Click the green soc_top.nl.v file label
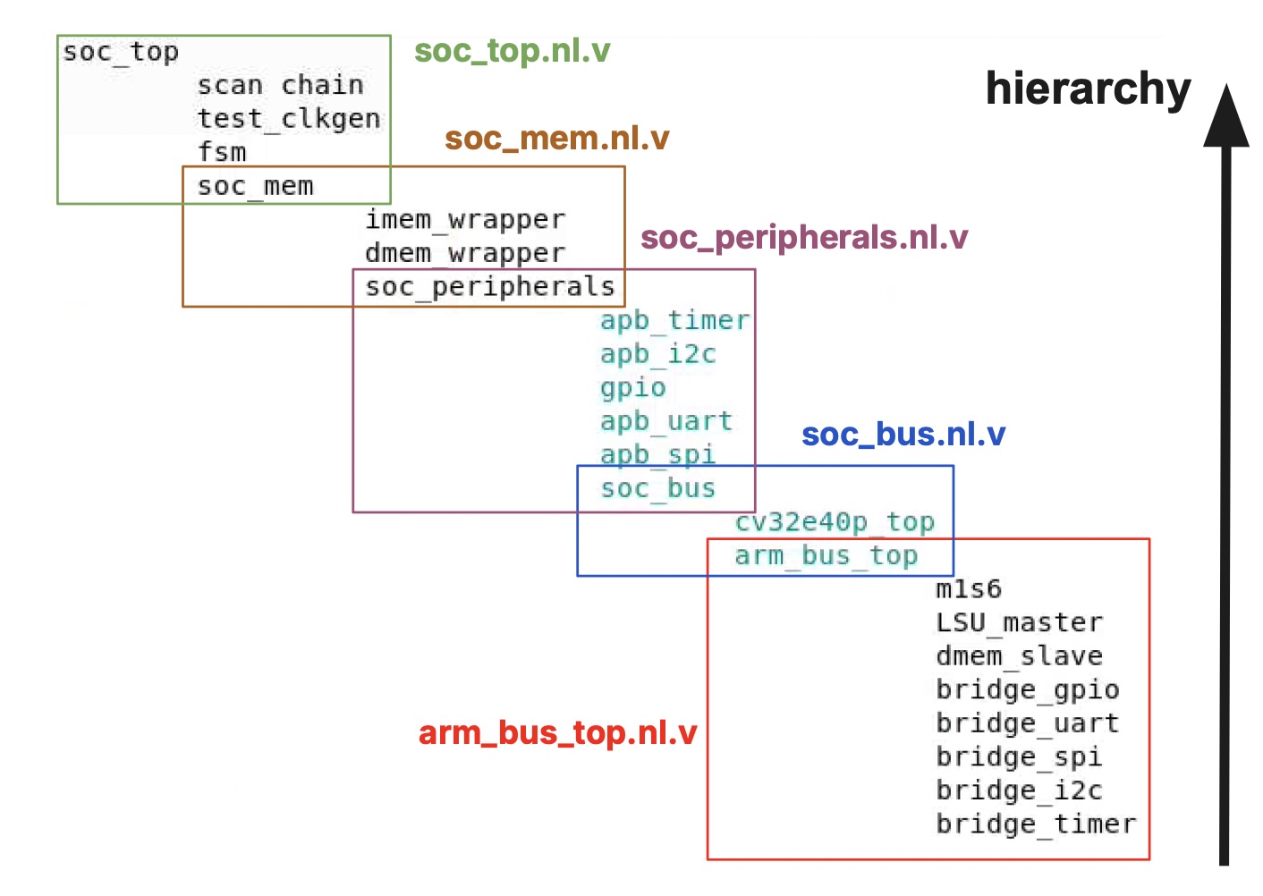[512, 51]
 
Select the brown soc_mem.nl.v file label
[556, 139]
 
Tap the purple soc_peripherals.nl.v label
[803, 238]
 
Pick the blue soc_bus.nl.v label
[903, 435]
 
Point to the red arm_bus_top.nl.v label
[557, 733]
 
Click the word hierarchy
[1088, 89]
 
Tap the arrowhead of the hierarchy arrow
[1225, 116]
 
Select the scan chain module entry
[280, 86]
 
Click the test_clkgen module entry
[288, 119]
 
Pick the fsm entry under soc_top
[222, 152]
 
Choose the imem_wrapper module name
[465, 220]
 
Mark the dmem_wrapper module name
[465, 254]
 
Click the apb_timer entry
[674, 320]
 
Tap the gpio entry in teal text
[633, 388]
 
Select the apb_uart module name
[666, 421]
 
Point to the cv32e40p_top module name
[835, 522]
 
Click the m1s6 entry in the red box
[969, 589]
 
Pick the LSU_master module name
[1020, 622]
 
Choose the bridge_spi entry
[1019, 757]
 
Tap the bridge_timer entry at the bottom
[1036, 824]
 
